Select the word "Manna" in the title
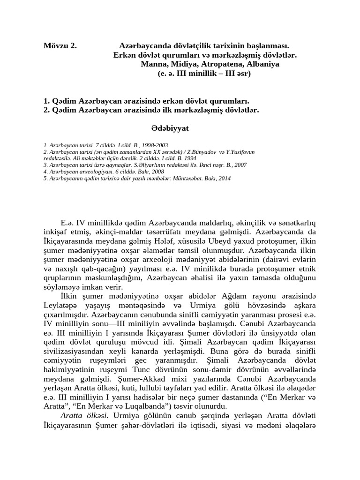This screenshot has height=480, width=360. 153,64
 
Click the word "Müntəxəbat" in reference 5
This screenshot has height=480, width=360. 193,179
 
